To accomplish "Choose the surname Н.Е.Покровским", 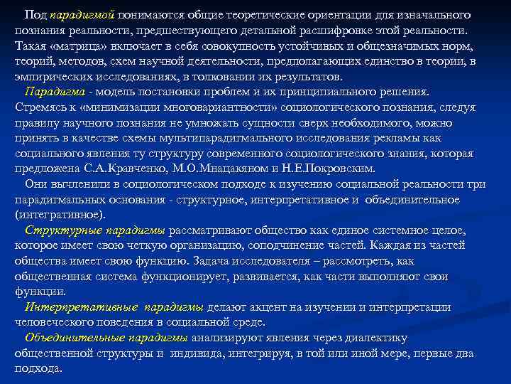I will [338, 169].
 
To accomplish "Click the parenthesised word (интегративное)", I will [60, 215].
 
